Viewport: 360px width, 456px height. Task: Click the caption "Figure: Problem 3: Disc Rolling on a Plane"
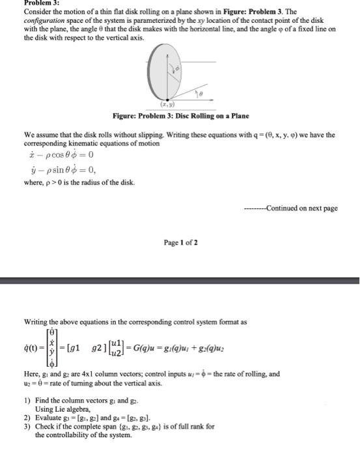[179, 115]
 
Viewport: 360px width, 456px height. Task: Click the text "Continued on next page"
[303, 208]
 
